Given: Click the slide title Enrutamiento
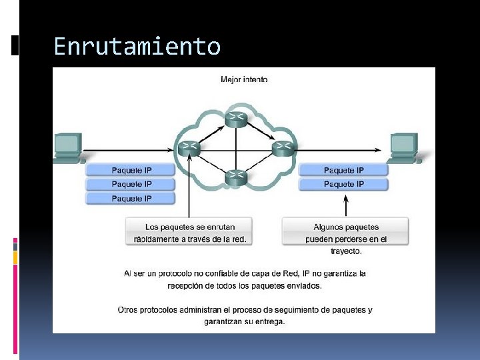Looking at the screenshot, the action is (x=137, y=47).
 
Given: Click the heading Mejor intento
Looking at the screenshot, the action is (x=244, y=79).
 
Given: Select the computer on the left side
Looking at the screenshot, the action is (x=67, y=147).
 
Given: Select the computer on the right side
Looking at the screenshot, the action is (x=403, y=147).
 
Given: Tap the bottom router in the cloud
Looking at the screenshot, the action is (x=236, y=177).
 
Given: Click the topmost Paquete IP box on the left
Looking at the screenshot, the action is (x=131, y=170).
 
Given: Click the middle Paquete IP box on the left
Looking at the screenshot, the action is (x=131, y=184).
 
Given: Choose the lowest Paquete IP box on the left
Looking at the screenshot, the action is (x=131, y=199).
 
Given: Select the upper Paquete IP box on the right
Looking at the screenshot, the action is (x=344, y=170).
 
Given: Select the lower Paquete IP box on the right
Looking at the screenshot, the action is (x=344, y=184).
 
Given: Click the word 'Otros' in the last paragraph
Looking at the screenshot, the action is (x=129, y=309).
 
